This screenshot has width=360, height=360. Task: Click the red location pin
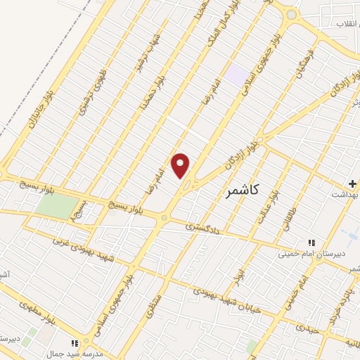click(x=181, y=165)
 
